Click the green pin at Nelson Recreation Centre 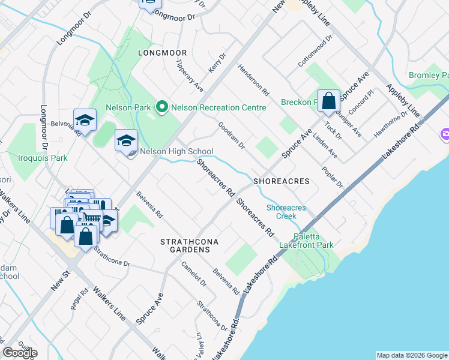click(x=161, y=107)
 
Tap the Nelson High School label click(x=176, y=151)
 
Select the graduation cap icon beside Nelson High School click(x=126, y=141)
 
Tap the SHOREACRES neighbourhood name click(x=281, y=181)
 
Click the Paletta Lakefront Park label click(x=306, y=240)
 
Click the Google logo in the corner click(x=20, y=353)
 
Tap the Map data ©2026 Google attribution click(x=411, y=355)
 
